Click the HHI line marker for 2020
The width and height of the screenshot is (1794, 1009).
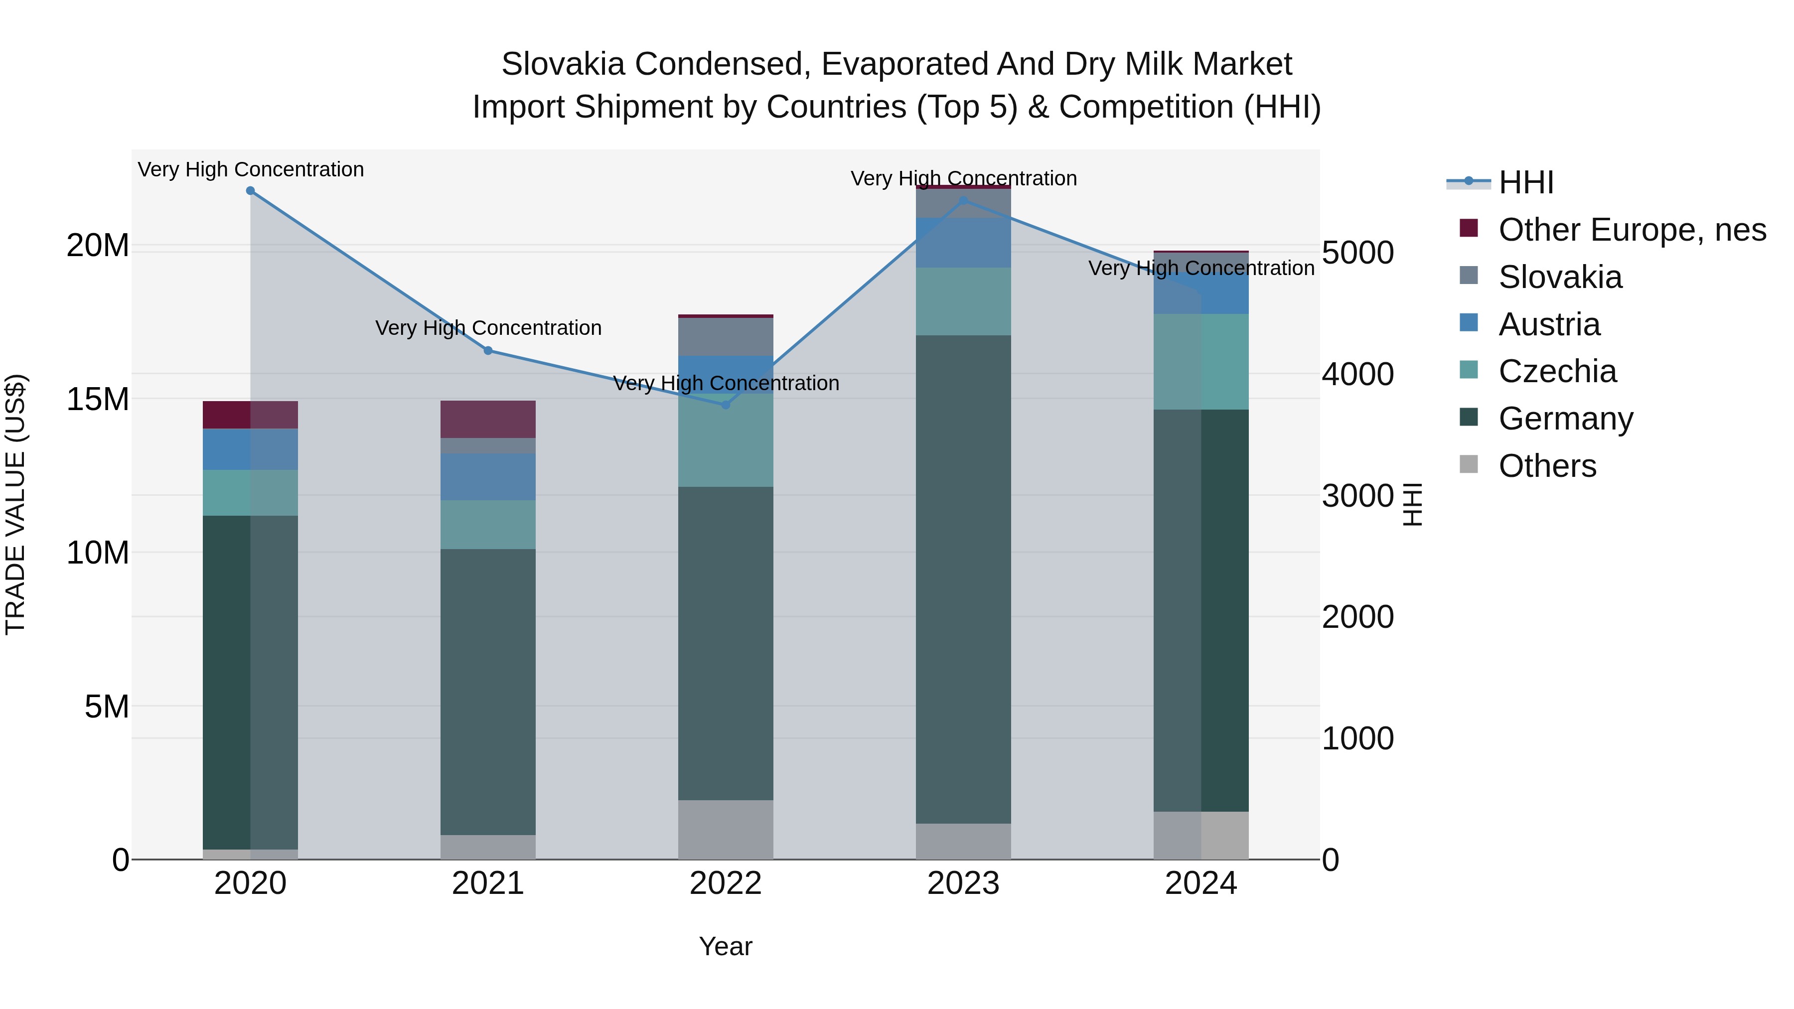pyautogui.click(x=251, y=191)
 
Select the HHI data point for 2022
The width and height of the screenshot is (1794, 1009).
pyautogui.click(x=726, y=405)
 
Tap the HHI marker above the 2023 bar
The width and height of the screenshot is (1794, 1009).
pyautogui.click(x=963, y=200)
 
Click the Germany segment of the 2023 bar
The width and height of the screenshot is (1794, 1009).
pyautogui.click(x=963, y=578)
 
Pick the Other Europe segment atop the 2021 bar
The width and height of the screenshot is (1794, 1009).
pyautogui.click(x=488, y=419)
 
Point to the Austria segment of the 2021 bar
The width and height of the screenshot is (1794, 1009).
pyautogui.click(x=488, y=477)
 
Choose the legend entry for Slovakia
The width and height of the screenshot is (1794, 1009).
pyautogui.click(x=1560, y=277)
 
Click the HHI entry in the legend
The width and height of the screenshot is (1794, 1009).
pyautogui.click(x=1526, y=182)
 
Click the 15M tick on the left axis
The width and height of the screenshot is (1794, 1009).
pyautogui.click(x=98, y=400)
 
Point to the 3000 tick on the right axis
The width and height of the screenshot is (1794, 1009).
pyautogui.click(x=1357, y=496)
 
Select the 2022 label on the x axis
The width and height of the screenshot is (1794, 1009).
pyautogui.click(x=726, y=883)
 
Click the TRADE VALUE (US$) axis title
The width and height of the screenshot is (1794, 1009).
pyautogui.click(x=15, y=504)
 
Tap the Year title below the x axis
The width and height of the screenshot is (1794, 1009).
pyautogui.click(x=726, y=946)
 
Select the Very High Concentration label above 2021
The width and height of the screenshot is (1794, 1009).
pyautogui.click(x=488, y=328)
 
